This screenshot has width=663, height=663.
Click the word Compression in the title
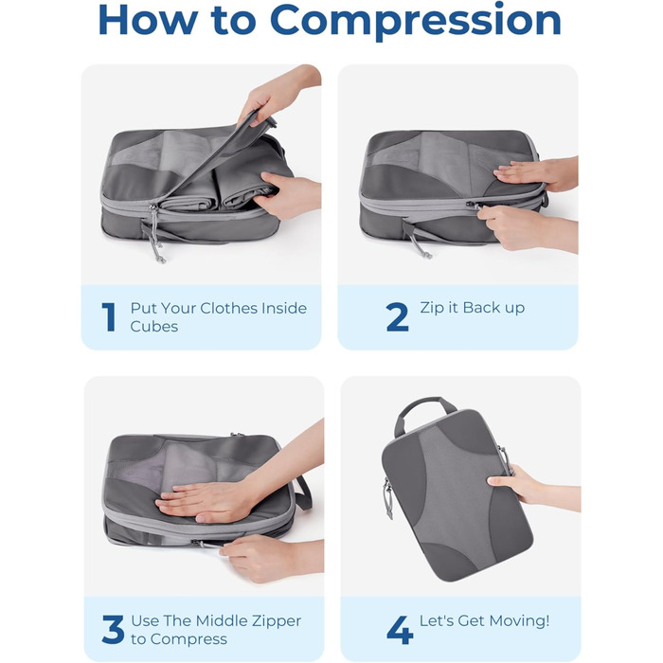(415, 21)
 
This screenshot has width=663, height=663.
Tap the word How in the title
(148, 20)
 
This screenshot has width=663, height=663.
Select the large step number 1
(109, 316)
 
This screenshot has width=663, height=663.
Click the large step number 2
(397, 316)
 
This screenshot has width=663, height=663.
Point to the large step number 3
(113, 630)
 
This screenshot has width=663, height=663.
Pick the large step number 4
(400, 630)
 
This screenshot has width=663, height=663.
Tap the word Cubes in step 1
(153, 327)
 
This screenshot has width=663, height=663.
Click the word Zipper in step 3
(277, 621)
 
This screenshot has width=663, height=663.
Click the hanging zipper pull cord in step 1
(156, 237)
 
